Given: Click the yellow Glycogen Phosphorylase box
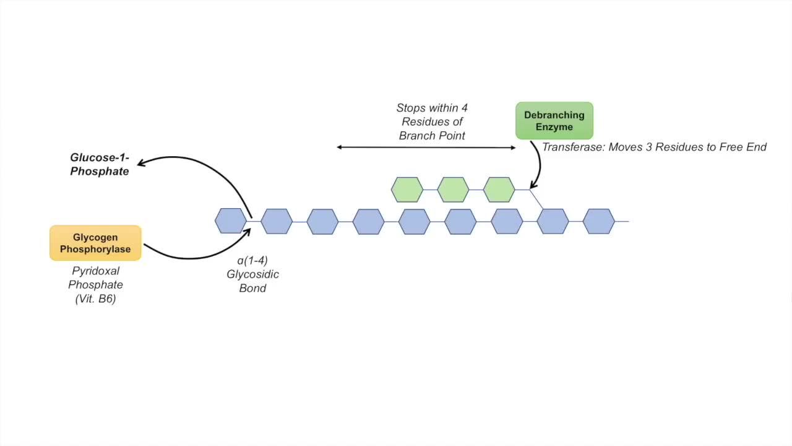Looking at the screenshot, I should [95, 243].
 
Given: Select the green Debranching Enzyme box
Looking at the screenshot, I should [554, 121].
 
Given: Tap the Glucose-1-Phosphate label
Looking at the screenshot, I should [99, 165].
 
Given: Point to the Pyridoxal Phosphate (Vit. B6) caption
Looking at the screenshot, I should [95, 285].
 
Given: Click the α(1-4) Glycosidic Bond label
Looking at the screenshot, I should [252, 274].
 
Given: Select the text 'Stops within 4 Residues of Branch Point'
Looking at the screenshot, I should [432, 122].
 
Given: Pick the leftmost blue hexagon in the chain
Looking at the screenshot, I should [231, 221].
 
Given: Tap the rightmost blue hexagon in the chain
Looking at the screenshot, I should [598, 221].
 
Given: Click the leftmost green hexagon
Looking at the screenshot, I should [407, 190].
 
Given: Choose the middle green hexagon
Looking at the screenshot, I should [453, 190].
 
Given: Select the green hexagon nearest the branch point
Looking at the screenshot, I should [499, 190].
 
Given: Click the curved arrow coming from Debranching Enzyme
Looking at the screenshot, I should [538, 164].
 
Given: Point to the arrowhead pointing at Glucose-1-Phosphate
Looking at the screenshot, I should [141, 163].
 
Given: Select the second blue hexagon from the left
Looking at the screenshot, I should [277, 221].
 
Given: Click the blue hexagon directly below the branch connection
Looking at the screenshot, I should [553, 221].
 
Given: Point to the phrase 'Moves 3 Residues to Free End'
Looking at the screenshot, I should [687, 147].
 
